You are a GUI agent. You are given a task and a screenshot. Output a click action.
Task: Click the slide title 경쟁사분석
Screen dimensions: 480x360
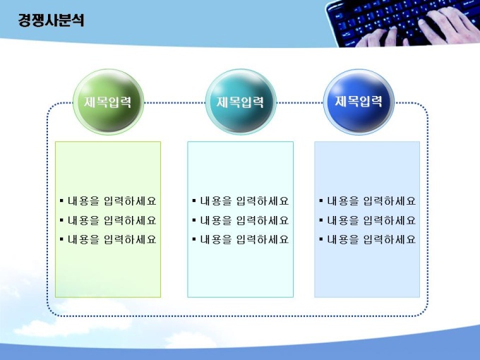click(51, 20)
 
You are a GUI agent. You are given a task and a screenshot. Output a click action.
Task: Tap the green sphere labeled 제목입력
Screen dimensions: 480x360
click(109, 102)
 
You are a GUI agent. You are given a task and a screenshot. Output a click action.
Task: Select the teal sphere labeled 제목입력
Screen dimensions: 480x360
click(241, 102)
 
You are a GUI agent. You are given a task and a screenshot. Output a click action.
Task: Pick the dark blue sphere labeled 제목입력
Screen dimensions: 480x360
click(359, 102)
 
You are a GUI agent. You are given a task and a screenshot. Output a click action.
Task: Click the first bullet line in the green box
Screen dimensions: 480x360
click(108, 201)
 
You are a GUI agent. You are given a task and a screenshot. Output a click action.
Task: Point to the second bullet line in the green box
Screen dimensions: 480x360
click(108, 220)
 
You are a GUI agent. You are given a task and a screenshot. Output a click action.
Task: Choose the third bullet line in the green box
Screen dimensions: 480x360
click(108, 239)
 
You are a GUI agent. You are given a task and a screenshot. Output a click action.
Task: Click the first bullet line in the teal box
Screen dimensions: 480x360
click(241, 201)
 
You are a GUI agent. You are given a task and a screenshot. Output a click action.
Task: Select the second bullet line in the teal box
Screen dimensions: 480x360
click(241, 220)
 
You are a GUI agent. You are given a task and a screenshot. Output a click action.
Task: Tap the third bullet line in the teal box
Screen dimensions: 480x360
click(241, 239)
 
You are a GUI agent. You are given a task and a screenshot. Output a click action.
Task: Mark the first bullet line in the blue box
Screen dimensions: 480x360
click(367, 201)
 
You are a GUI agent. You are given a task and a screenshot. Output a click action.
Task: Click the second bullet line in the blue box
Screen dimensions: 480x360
click(367, 220)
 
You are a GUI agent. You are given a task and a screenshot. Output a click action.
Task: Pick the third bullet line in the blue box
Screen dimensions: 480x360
click(367, 239)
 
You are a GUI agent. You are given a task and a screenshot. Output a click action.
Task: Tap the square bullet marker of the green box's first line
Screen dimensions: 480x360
click(61, 200)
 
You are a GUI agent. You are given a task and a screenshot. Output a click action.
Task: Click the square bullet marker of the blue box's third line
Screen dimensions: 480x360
click(320, 239)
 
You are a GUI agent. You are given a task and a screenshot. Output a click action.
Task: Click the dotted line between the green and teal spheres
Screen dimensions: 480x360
click(174, 103)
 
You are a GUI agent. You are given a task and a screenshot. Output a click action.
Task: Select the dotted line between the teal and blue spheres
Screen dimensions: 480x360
click(300, 103)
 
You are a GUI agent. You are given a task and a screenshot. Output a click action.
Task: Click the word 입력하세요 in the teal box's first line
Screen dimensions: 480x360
click(263, 201)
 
